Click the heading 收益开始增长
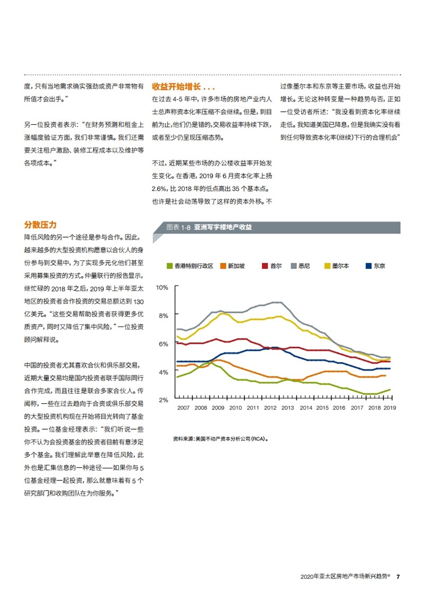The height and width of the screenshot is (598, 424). (x=176, y=87)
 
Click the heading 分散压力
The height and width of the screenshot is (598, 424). (x=40, y=224)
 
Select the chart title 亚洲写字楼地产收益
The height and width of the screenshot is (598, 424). (x=223, y=228)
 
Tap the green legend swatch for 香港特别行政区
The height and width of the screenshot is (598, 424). (x=170, y=266)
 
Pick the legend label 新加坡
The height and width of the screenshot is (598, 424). (x=236, y=266)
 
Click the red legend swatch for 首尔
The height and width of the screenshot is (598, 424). (x=264, y=266)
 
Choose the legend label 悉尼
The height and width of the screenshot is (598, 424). (x=304, y=266)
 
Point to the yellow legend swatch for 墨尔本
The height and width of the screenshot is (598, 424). (x=327, y=266)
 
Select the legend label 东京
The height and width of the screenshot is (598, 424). (x=379, y=266)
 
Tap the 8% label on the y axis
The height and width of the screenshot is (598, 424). (x=163, y=316)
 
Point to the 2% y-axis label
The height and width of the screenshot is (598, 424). (x=163, y=400)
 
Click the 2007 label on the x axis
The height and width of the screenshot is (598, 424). (x=183, y=407)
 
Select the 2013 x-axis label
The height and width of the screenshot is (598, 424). (x=288, y=407)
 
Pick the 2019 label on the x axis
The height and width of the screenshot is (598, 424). (x=390, y=407)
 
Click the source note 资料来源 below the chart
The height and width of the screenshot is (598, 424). (x=221, y=439)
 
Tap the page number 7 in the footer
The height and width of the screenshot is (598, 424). (x=398, y=577)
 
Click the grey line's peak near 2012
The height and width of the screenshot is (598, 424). (x=278, y=302)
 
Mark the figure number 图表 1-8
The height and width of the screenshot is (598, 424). (x=179, y=228)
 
